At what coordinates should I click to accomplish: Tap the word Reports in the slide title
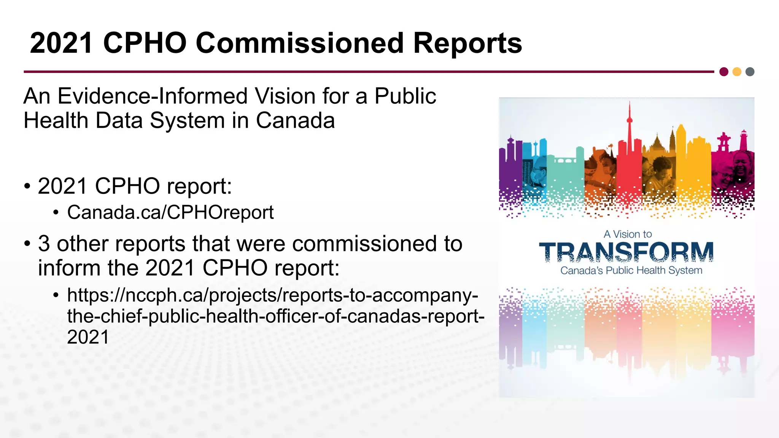pos(467,44)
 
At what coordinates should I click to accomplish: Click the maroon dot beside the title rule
pos(724,72)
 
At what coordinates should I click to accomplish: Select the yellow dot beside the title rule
pos(737,72)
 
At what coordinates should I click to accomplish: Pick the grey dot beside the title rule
pos(750,72)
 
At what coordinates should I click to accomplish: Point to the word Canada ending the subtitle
pos(295,121)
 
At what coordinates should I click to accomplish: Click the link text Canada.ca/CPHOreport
pos(170,212)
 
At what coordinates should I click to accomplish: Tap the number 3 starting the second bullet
pos(44,244)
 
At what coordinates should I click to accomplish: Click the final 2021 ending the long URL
pos(88,337)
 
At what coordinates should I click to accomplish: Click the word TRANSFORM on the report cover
pos(626,252)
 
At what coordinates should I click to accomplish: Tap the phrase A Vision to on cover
pos(628,234)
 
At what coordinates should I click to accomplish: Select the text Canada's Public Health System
pos(631,271)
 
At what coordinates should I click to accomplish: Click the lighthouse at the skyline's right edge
pos(743,140)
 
